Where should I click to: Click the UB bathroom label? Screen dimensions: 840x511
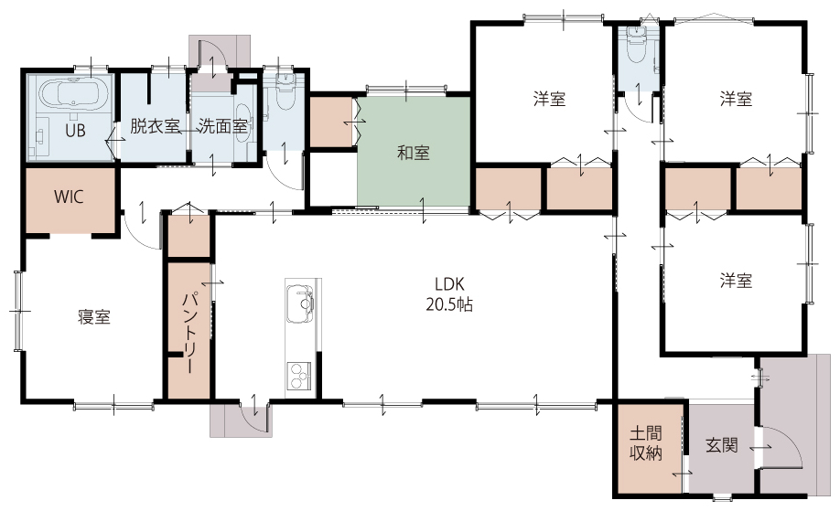coord(75,130)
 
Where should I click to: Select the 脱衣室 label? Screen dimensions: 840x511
coord(155,127)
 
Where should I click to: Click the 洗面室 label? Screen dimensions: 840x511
coord(222,127)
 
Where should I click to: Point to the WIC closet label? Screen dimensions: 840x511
coord(69,197)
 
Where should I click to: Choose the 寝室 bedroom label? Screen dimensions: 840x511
coord(94,317)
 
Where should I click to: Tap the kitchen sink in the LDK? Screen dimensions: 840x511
coord(300,303)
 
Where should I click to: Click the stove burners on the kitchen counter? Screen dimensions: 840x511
coord(299,376)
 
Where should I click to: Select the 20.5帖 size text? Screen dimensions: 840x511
coord(449,305)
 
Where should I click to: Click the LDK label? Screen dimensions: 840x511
coord(449,283)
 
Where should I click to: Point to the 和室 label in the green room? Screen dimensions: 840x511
coord(413,153)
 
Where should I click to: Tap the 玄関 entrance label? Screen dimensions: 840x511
coord(721,444)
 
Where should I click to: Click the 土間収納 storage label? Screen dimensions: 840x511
coord(645,442)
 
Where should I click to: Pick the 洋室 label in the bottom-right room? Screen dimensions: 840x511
coord(736,281)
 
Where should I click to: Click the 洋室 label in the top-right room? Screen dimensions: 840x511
coord(736,99)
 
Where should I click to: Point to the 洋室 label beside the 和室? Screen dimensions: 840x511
coord(549,99)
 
